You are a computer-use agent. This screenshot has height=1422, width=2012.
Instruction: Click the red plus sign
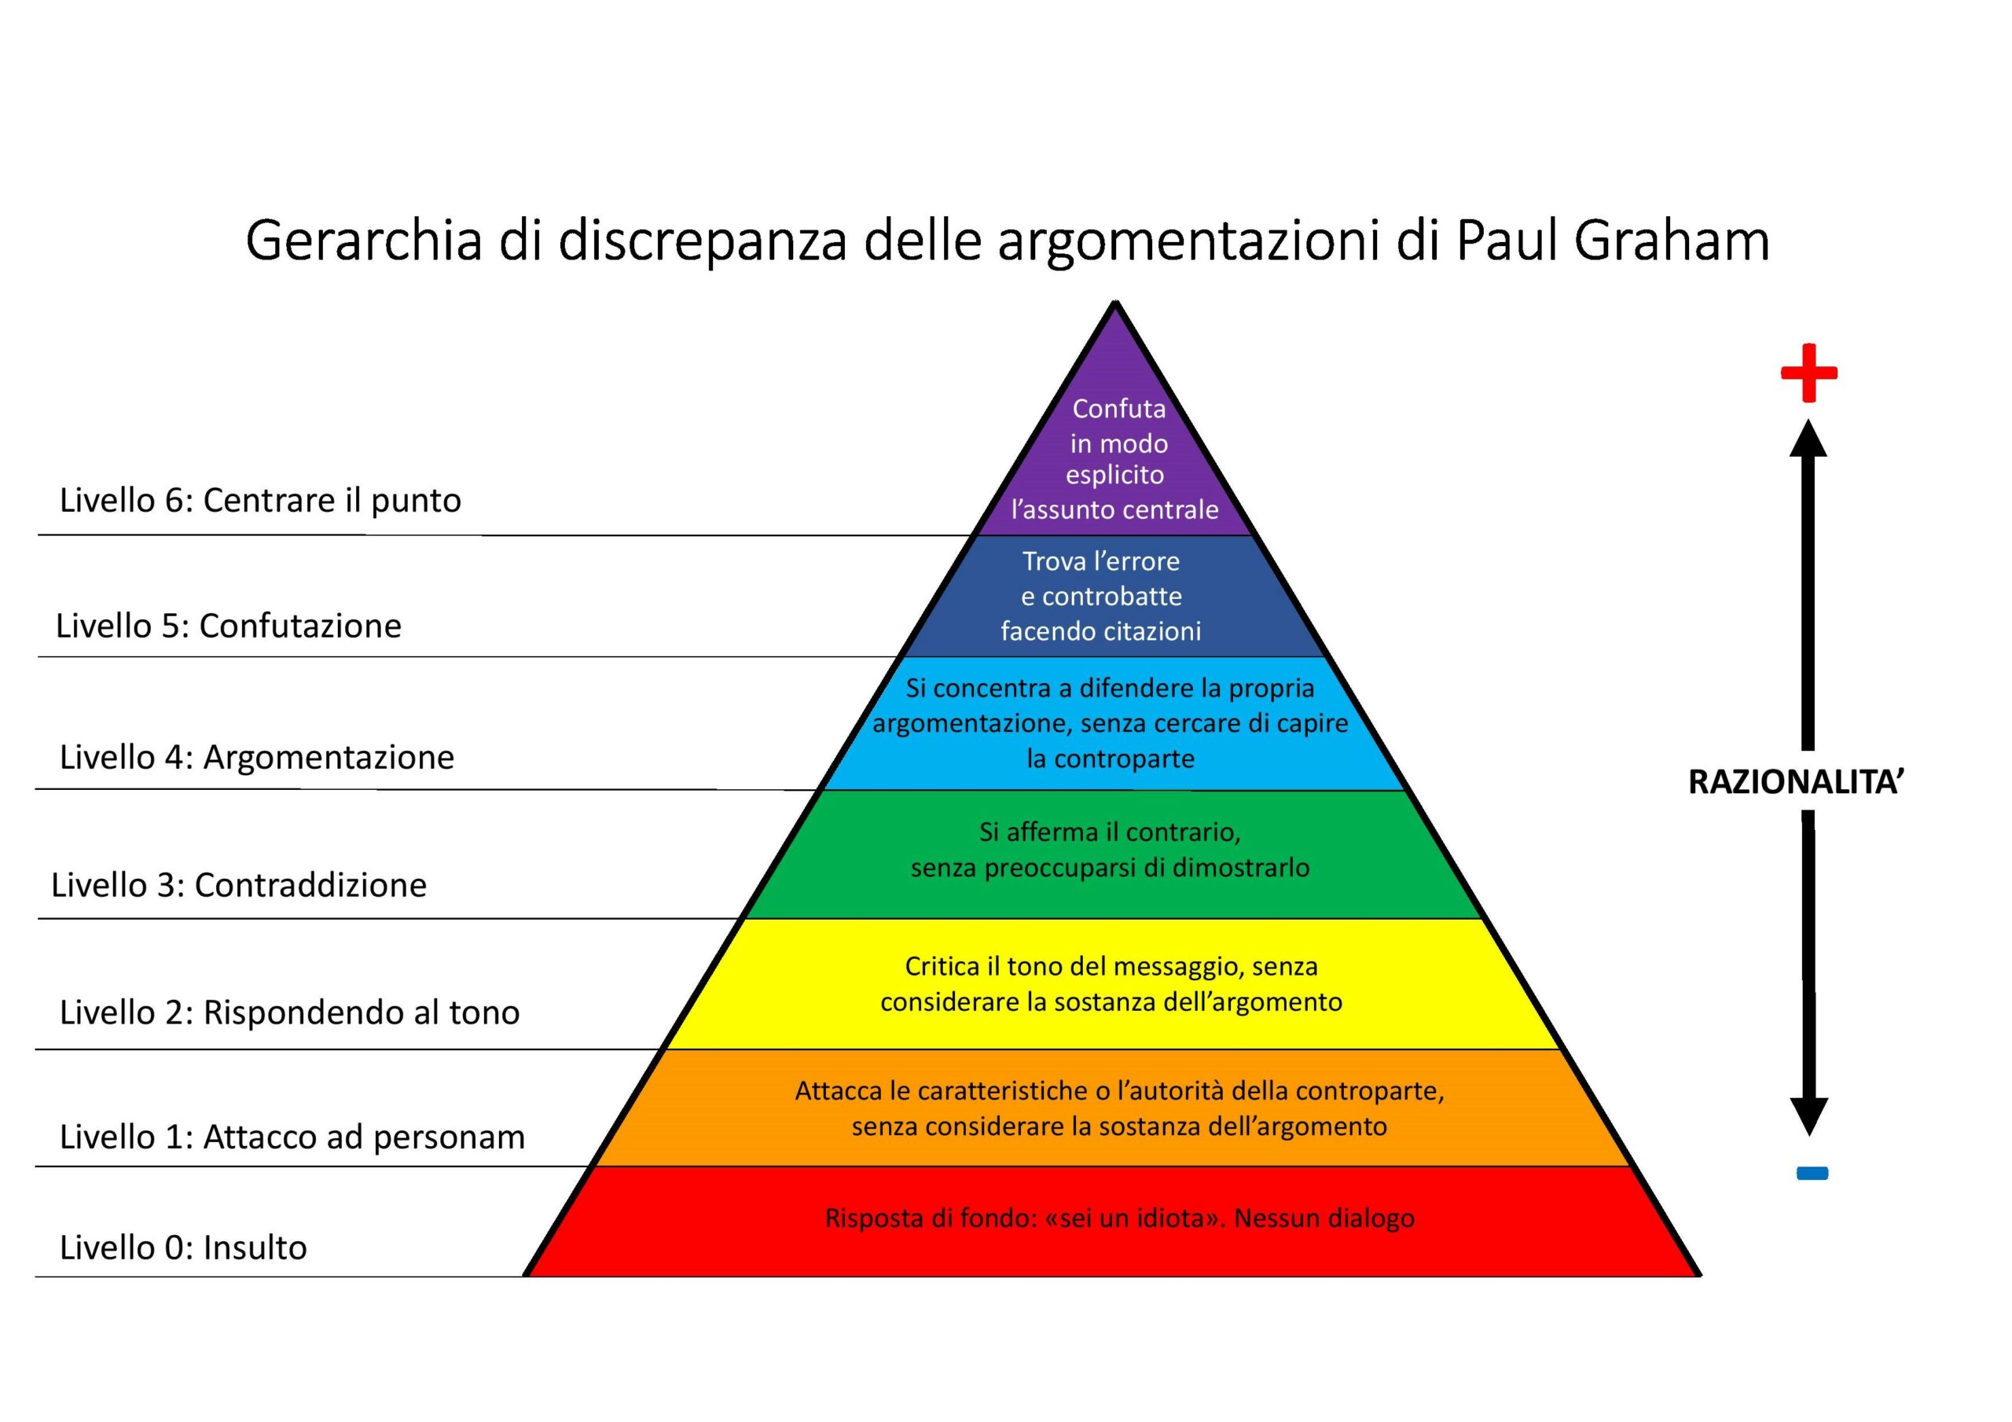coord(1808,373)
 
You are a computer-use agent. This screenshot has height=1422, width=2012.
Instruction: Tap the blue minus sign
coord(1812,1173)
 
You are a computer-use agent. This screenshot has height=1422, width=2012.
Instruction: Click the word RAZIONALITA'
coord(1797,782)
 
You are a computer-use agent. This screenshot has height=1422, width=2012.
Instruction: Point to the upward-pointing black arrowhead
coord(1808,439)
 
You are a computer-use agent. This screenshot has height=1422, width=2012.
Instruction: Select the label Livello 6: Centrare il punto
coord(260,501)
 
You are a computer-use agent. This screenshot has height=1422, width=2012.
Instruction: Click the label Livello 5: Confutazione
coord(229,626)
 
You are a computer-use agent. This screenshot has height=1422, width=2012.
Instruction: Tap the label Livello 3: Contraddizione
coord(238,885)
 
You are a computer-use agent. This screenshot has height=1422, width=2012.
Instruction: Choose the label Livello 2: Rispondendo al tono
coord(289,1012)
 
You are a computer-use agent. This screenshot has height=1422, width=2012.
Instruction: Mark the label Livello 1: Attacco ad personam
coord(292,1137)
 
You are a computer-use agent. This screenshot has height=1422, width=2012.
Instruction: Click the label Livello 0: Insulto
coord(183,1247)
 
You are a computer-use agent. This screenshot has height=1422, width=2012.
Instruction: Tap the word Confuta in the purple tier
coord(1119,409)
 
